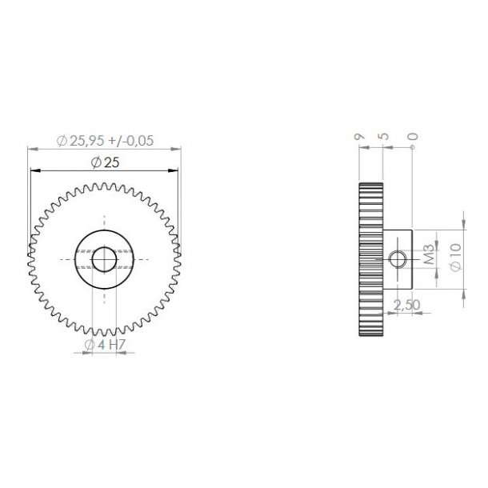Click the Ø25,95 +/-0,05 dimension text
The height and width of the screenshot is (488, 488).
[x=106, y=140]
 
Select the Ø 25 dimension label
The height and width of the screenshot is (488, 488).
[x=105, y=162]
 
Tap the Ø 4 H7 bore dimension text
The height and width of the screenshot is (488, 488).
[x=105, y=345]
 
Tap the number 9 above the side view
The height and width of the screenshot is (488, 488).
[x=360, y=138]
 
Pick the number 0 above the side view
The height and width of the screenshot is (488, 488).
[x=412, y=138]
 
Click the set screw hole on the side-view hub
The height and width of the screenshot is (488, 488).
[x=398, y=258]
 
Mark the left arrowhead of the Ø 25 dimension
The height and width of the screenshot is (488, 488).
[x=33, y=170]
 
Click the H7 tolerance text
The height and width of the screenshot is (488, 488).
[x=115, y=345]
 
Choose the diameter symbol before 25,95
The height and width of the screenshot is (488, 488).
[x=62, y=140]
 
